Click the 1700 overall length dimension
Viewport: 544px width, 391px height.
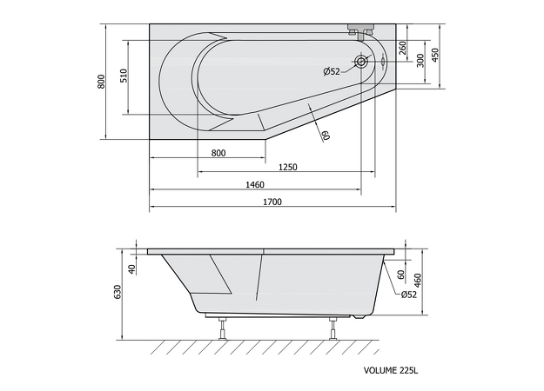coord(272,202)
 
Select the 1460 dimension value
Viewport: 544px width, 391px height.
coord(255,184)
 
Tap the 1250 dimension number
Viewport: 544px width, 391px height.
coord(288,168)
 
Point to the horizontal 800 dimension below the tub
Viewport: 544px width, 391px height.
coord(218,153)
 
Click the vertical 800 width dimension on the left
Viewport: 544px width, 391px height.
coord(101,82)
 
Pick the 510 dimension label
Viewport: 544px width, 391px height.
coord(124,76)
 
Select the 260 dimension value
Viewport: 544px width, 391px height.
coord(402,48)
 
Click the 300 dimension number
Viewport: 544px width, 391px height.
coord(420,61)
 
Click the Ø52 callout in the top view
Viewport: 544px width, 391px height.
coord(332,72)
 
